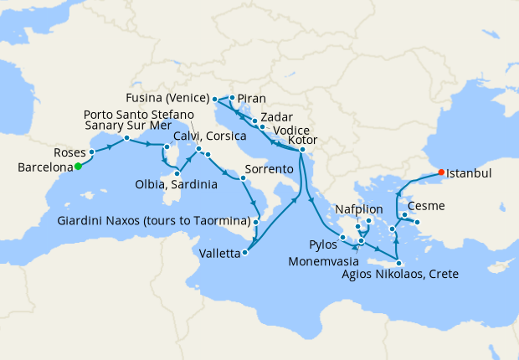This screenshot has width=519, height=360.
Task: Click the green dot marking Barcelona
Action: [x=78, y=167]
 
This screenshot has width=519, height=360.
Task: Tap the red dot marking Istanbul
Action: [x=441, y=174]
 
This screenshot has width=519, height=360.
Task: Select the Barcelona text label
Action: [x=44, y=167]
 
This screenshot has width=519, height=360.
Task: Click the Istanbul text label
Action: [x=469, y=174]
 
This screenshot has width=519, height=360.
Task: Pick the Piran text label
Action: [x=252, y=97]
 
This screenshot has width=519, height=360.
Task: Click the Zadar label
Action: [x=276, y=118]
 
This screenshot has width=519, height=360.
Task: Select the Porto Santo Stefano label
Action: [x=139, y=114]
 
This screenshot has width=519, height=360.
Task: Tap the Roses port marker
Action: [x=91, y=153]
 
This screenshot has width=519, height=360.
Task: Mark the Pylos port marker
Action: [x=343, y=239]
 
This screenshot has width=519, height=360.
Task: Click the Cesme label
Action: [x=426, y=206]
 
